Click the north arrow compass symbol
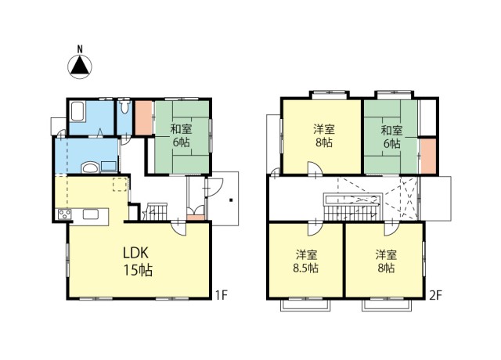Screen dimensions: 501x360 [80, 67]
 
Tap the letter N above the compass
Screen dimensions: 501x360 [80, 49]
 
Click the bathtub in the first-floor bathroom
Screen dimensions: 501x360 [77, 111]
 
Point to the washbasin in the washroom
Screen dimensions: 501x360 [90, 167]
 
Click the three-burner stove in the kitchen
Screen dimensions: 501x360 [65, 214]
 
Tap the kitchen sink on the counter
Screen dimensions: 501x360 [91, 214]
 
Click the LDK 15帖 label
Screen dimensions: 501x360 [138, 261]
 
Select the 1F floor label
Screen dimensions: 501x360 [221, 295]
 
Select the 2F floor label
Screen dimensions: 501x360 [435, 295]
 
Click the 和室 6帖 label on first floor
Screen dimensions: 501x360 [181, 135]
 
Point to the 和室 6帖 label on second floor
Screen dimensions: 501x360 [391, 137]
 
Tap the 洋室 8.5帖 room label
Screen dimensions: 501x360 [306, 261]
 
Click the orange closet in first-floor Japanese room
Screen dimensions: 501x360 [143, 117]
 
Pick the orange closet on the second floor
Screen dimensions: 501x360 [428, 157]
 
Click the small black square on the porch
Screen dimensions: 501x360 [231, 200]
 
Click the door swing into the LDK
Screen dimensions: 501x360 [178, 228]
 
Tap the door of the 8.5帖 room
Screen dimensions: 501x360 [315, 228]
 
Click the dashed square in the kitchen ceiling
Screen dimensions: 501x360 [120, 184]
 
